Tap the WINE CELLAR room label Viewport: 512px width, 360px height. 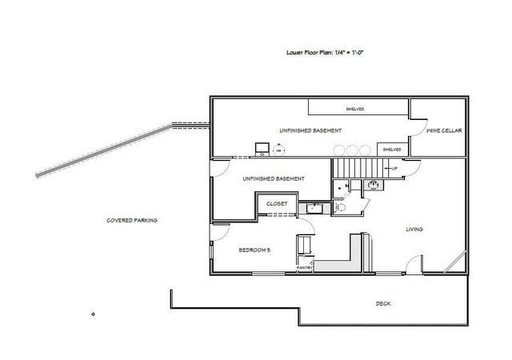442,130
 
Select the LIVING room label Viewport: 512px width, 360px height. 414,230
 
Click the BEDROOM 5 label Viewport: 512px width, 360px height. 254,250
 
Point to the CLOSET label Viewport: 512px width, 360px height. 277,204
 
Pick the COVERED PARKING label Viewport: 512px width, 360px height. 133,220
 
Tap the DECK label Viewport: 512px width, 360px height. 384,304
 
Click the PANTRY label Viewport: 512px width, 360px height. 304,266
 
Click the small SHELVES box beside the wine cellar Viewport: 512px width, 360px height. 391,150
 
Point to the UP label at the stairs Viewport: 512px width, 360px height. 394,169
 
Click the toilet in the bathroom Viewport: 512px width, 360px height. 338,206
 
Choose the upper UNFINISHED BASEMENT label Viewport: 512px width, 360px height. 311,130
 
